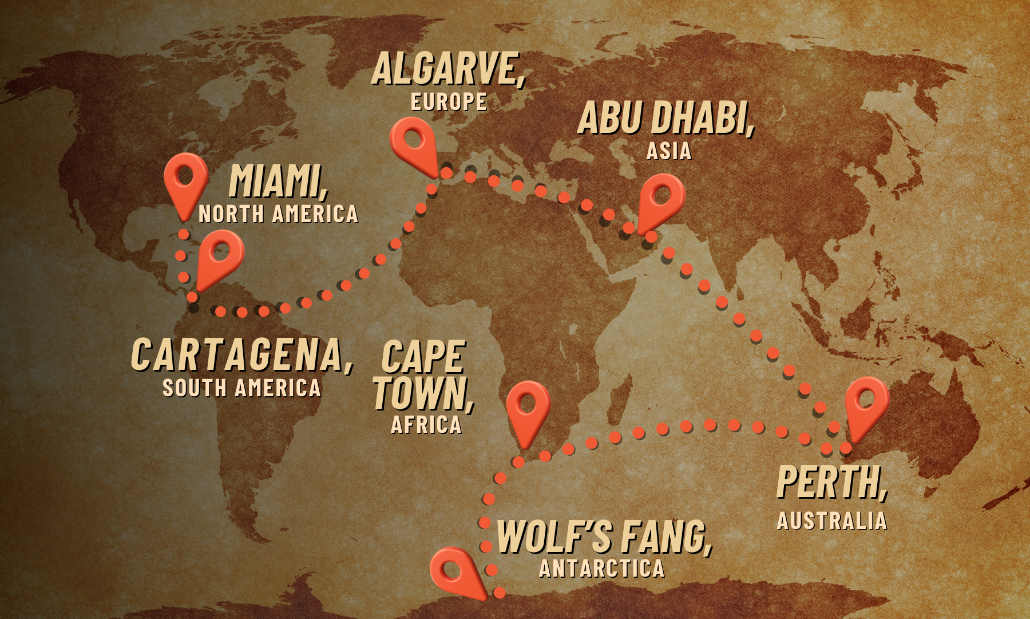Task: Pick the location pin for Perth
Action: [x=866, y=404]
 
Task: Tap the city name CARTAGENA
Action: [x=240, y=355]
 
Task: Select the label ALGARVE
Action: [x=447, y=69]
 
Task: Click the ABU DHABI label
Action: [x=665, y=119]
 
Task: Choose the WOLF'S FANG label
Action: [x=603, y=537]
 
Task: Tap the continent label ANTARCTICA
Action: [x=601, y=569]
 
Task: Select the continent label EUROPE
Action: [x=449, y=102]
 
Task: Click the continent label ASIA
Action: [x=668, y=151]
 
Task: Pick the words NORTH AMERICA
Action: [x=278, y=214]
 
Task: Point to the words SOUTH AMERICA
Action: [x=241, y=388]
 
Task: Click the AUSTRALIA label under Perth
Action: [x=831, y=521]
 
